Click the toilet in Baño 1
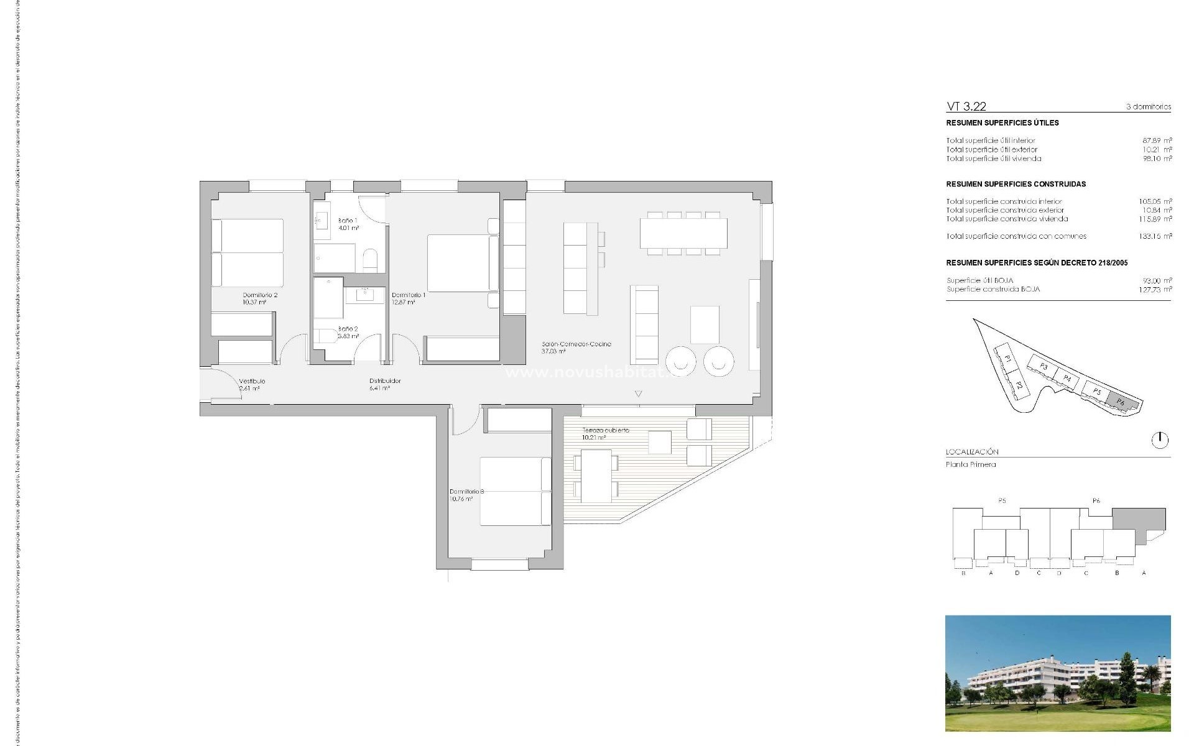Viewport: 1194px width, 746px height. coord(370,260)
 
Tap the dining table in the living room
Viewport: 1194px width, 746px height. coord(683,233)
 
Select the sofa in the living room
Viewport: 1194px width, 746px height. coord(644,325)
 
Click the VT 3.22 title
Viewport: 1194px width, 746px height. coord(966,106)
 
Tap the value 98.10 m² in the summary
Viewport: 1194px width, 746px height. coord(1157,159)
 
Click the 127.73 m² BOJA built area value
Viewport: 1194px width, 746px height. coord(1155,290)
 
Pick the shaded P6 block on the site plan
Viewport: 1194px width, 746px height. coord(1124,403)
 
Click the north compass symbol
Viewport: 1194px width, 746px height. coord(1160,440)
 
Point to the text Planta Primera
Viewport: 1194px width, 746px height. coord(971,464)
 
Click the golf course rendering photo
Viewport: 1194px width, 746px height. coord(1057,673)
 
